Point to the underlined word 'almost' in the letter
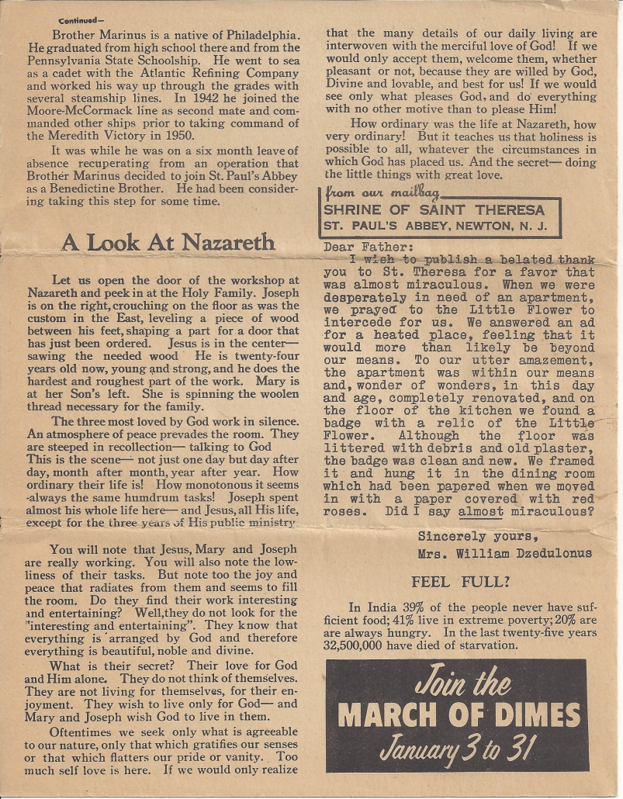[x=480, y=512]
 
